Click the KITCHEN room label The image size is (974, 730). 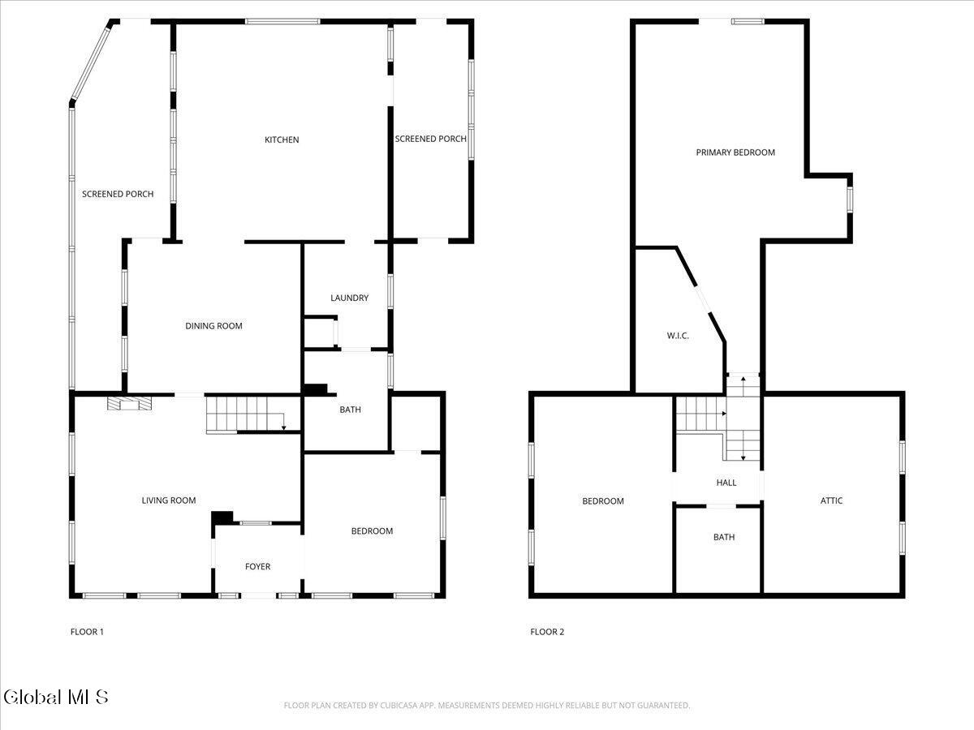click(x=282, y=140)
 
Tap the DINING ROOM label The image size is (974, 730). click(x=214, y=326)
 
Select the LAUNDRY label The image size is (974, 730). click(x=350, y=298)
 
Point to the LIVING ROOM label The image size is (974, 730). click(x=169, y=500)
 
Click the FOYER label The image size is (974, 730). click(x=258, y=566)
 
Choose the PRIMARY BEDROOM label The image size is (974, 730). click(x=735, y=152)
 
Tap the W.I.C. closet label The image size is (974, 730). click(x=678, y=336)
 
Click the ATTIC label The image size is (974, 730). click(x=832, y=500)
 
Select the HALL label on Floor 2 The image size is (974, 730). click(x=726, y=483)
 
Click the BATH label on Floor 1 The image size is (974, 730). click(x=350, y=410)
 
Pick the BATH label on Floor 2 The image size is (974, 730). click(x=724, y=537)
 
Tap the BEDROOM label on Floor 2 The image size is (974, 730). click(x=603, y=500)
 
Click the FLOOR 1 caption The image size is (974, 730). click(x=87, y=632)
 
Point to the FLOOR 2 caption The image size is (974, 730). click(x=547, y=632)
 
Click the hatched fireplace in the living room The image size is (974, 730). click(x=130, y=403)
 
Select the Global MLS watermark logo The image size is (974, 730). click(x=55, y=698)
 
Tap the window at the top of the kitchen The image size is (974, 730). click(x=282, y=21)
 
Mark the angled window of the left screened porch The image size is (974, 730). click(x=91, y=63)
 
